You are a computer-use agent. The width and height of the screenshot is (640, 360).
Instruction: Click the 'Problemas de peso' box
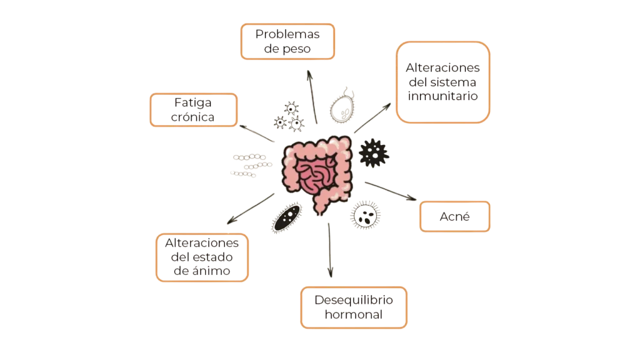287,42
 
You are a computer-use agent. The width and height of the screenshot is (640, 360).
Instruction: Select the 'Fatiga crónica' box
194,110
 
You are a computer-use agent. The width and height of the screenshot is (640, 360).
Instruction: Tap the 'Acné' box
455,216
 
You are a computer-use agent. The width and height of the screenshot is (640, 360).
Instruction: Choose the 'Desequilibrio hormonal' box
354,307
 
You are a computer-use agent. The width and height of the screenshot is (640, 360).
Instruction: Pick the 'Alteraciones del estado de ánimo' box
202,257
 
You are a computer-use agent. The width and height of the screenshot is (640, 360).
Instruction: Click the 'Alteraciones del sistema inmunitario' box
443,82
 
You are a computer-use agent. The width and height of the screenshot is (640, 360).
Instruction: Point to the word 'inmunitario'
443,96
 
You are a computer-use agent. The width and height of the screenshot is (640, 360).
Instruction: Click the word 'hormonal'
354,314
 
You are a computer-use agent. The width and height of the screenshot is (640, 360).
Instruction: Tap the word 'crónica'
192,117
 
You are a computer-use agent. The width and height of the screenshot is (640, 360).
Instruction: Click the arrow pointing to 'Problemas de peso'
312,97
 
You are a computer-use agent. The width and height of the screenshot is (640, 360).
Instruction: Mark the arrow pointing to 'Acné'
391,191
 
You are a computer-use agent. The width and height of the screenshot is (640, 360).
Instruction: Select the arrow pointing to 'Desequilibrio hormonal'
330,250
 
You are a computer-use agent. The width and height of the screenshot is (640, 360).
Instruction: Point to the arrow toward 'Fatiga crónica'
257,134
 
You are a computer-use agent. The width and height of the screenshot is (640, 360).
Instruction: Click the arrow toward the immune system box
372,118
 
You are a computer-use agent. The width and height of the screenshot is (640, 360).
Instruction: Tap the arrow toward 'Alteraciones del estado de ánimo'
251,209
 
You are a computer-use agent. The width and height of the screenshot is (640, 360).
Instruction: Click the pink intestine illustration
317,174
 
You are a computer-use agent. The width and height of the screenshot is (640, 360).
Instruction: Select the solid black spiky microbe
374,154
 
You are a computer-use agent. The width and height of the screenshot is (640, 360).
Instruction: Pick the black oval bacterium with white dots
287,217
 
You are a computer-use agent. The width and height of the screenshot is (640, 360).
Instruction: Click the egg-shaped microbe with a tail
342,107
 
